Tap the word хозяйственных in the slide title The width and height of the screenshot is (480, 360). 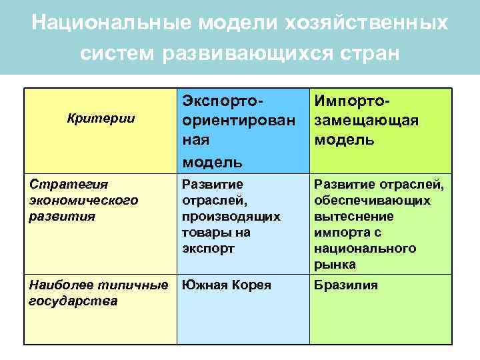(x=366, y=22)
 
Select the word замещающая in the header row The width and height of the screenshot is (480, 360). (x=366, y=121)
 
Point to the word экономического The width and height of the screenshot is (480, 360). (x=83, y=200)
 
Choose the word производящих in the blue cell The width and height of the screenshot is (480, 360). (x=231, y=216)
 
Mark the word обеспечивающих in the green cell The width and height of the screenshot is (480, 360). (x=373, y=200)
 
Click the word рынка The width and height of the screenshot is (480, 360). (x=335, y=264)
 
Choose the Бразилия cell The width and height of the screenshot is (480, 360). (x=347, y=285)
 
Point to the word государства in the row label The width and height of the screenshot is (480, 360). (x=73, y=301)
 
